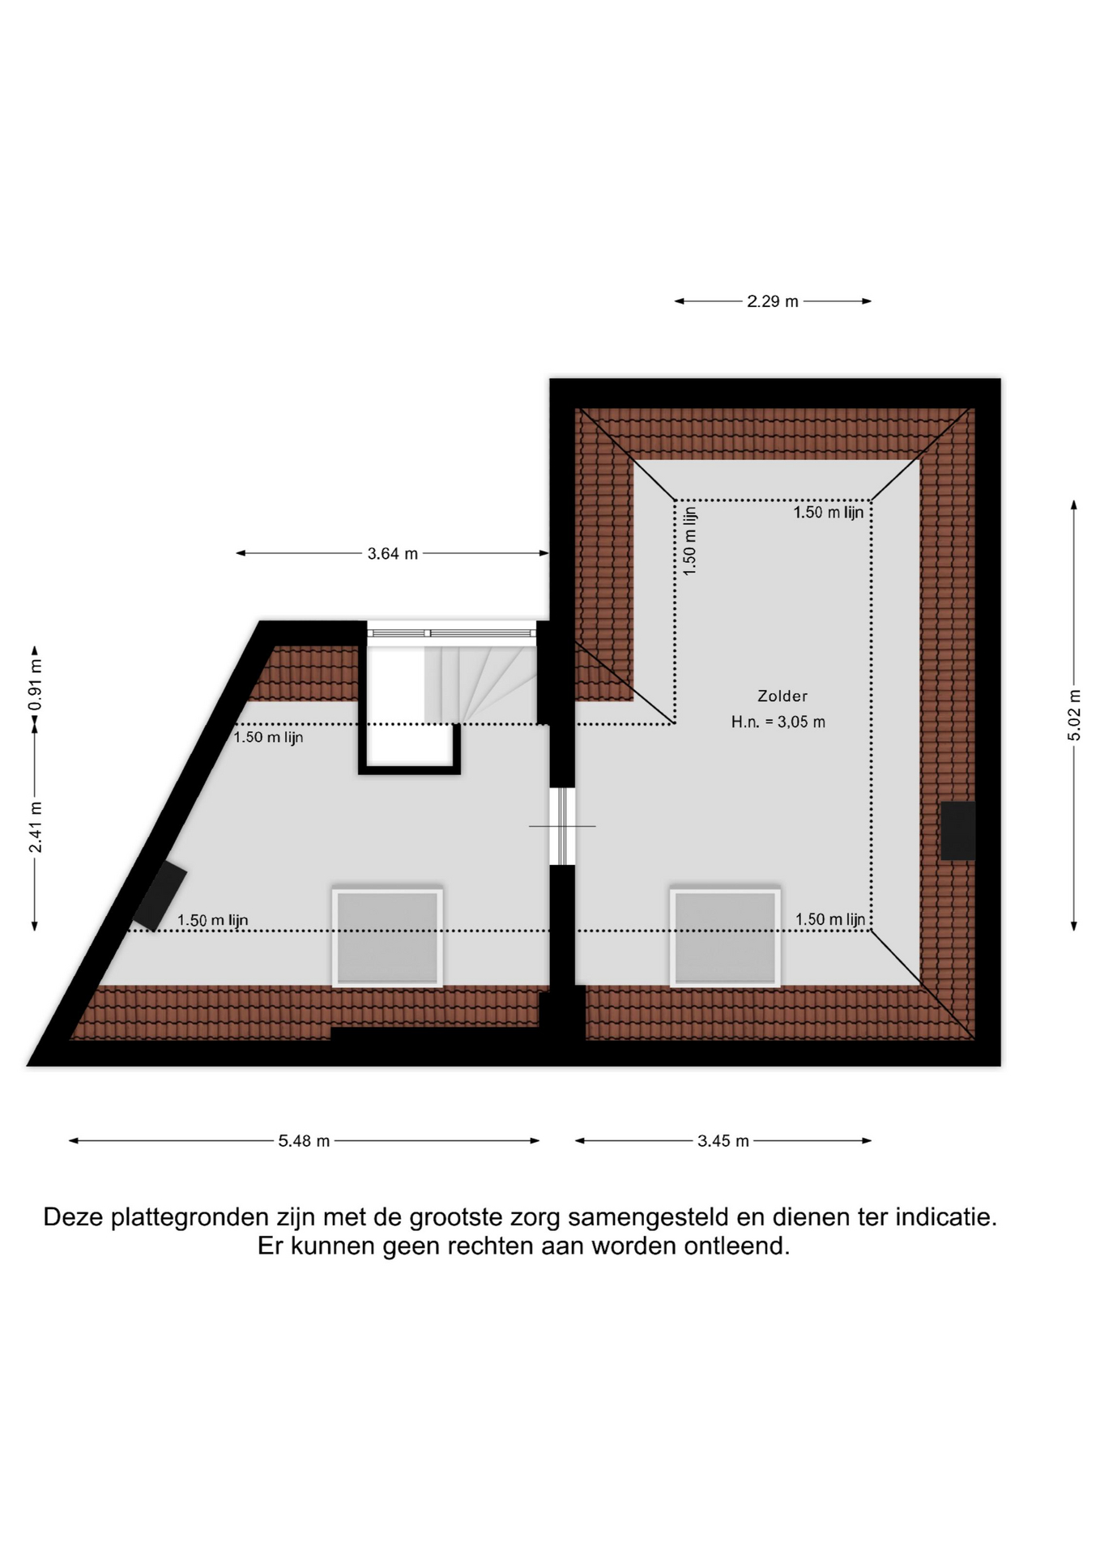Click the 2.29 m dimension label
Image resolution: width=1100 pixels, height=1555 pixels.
coord(772,301)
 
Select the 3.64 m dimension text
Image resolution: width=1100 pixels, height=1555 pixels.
coord(393,554)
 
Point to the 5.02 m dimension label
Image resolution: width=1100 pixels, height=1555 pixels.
coord(1074,715)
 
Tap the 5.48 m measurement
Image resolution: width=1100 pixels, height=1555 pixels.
coord(304,1141)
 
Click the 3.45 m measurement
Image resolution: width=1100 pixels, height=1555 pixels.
coord(723,1141)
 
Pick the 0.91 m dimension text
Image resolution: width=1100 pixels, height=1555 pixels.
coord(36,685)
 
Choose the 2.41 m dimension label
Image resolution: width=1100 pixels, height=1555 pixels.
coord(36,827)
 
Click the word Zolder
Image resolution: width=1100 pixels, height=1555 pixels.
coord(782,696)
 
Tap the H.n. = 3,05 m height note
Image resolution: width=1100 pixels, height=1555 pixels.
coord(778,722)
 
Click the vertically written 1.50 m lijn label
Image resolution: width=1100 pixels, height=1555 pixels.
coord(690,541)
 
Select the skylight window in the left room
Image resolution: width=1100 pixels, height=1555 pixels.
coord(387,938)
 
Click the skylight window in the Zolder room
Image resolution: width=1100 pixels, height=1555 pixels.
coord(725,938)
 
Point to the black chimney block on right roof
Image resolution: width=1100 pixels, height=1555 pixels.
coord(957,830)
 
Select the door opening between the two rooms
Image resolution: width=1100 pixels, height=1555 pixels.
coord(562,826)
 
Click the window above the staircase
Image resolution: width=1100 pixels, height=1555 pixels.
coord(451,633)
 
